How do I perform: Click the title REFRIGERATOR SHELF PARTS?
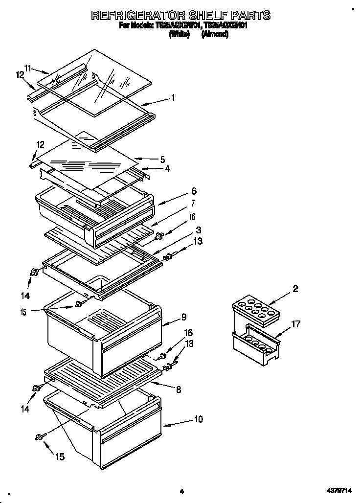click(x=180, y=16)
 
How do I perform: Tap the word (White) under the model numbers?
click(x=179, y=35)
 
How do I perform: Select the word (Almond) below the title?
click(x=215, y=35)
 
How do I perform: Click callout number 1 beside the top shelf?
click(x=173, y=97)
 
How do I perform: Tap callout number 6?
click(x=180, y=192)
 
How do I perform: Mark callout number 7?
click(x=179, y=203)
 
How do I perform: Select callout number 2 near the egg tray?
click(x=295, y=289)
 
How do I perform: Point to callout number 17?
click(x=295, y=323)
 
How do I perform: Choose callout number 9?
click(x=183, y=317)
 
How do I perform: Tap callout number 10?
click(x=198, y=419)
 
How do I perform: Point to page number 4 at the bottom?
click(x=181, y=491)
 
